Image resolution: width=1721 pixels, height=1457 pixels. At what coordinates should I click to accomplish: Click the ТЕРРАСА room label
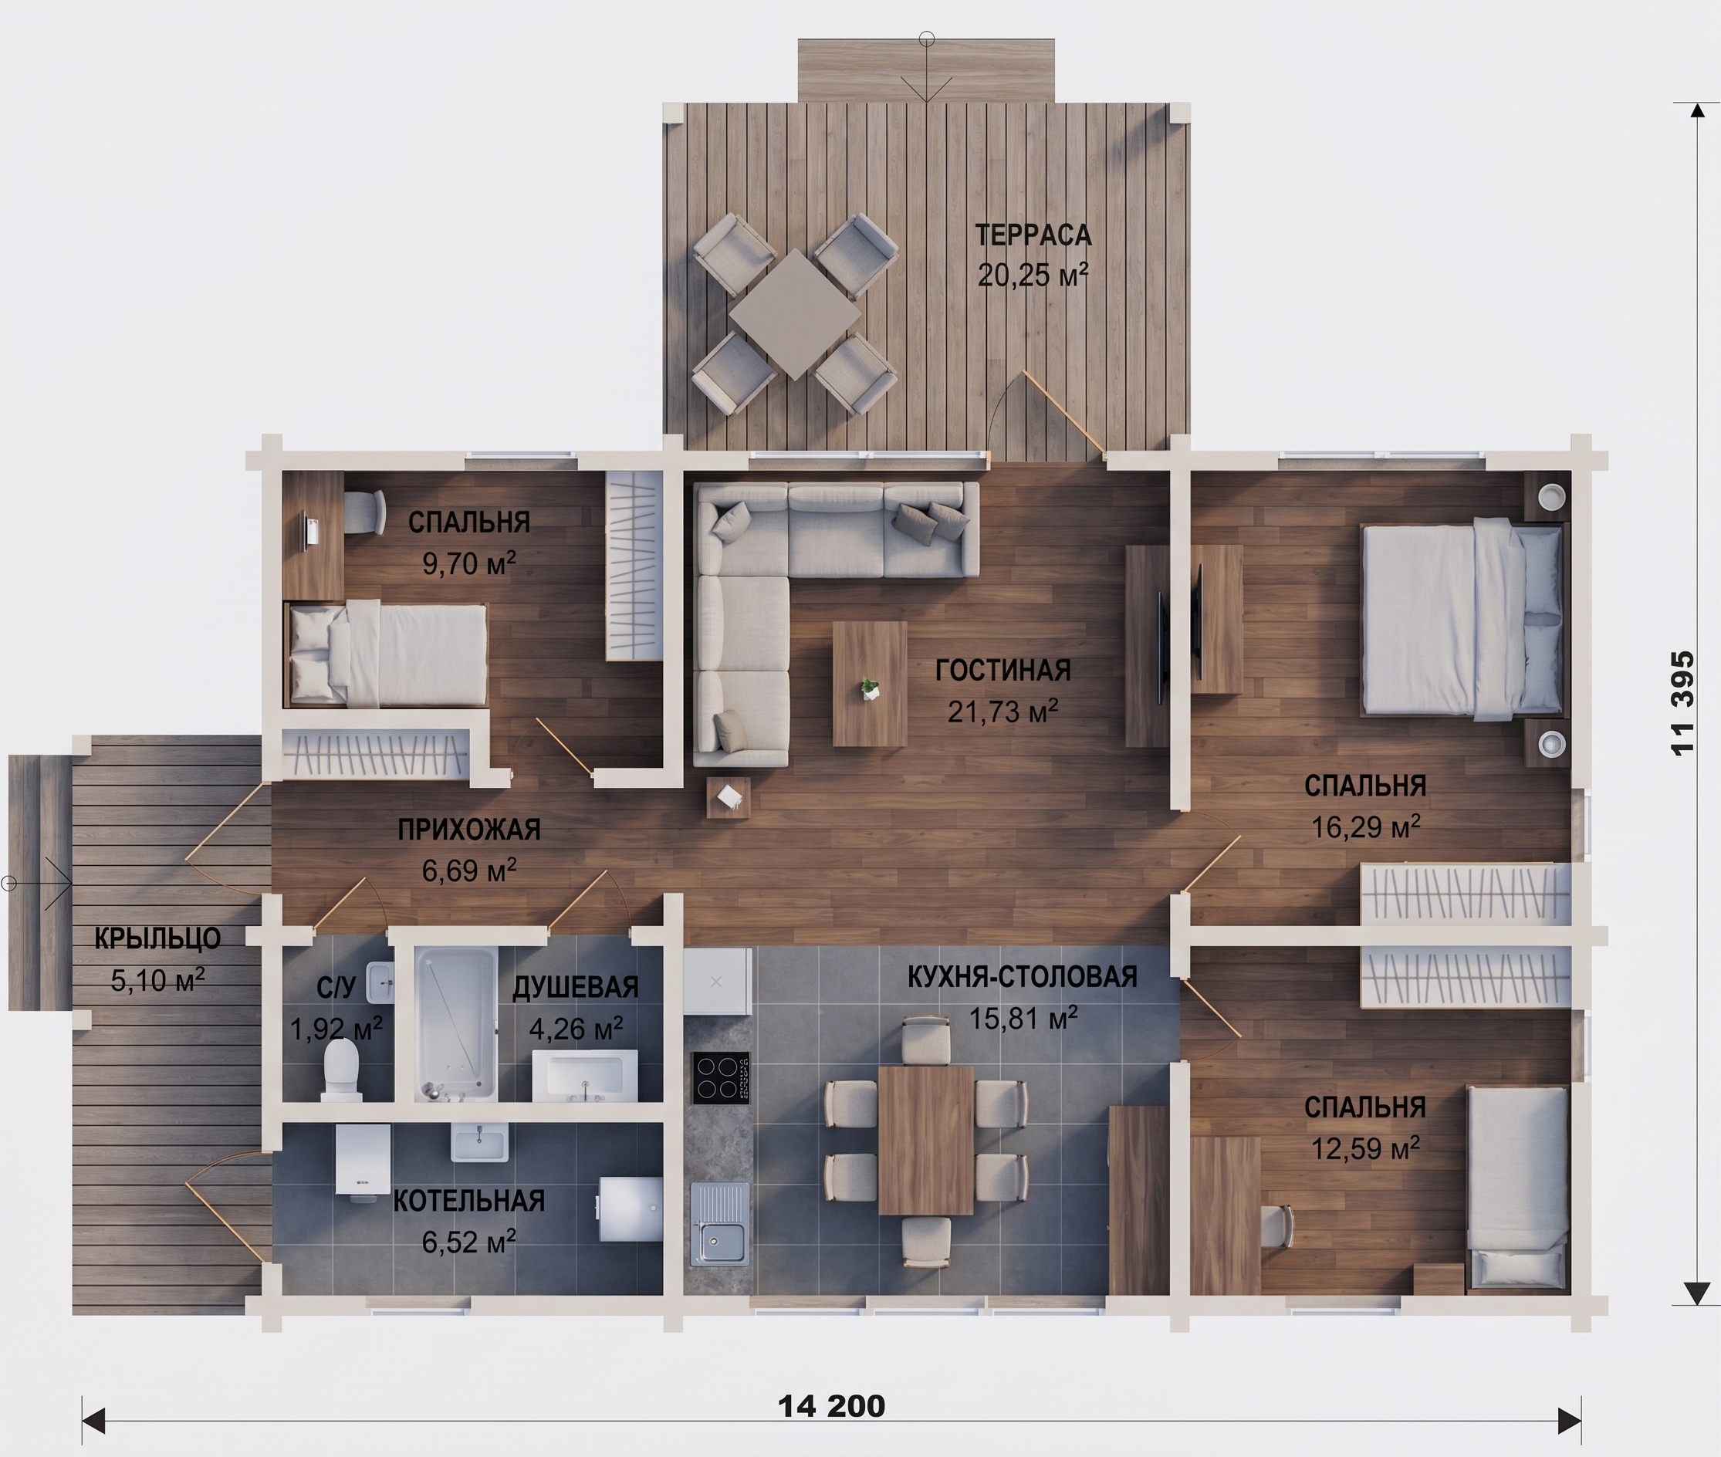click(1033, 235)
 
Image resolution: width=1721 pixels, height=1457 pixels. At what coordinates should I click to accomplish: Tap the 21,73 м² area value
click(1003, 712)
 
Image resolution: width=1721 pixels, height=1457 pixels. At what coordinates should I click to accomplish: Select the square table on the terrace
click(794, 314)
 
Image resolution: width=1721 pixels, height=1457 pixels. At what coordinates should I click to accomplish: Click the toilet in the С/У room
click(341, 1070)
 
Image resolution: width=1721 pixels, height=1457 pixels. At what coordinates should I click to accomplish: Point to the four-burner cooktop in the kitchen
click(721, 1078)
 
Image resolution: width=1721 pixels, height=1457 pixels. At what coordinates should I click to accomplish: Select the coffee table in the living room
click(870, 684)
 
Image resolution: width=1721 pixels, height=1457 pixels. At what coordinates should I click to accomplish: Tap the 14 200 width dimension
click(832, 1405)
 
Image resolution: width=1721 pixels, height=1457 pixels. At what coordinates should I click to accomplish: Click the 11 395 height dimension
click(1682, 703)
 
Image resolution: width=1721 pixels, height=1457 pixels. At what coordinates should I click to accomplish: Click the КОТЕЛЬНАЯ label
click(468, 1201)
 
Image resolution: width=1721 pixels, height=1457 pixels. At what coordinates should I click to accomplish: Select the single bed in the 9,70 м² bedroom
click(387, 654)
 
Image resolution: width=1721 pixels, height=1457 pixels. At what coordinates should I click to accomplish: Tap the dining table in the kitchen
click(926, 1140)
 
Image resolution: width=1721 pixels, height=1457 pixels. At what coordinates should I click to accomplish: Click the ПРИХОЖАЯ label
click(468, 830)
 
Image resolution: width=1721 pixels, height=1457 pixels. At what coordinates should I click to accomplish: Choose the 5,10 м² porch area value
click(157, 980)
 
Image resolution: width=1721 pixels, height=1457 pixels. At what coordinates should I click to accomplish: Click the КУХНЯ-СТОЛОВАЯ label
click(1023, 977)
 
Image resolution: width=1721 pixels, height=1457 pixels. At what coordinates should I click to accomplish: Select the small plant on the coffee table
click(869, 688)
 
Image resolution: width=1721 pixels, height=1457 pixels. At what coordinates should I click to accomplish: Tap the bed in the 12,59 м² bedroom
click(1517, 1188)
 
